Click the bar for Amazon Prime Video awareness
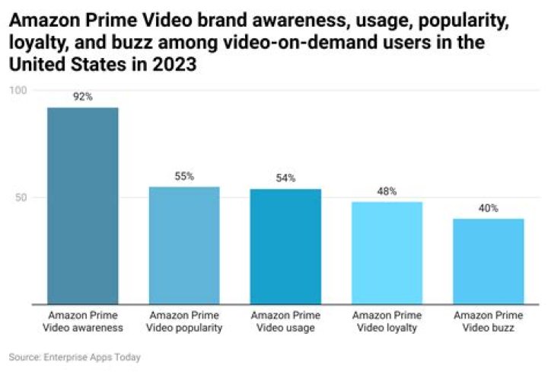[x=82, y=206]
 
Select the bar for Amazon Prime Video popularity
[x=183, y=245]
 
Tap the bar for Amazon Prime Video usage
[x=285, y=247]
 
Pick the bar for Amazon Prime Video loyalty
[x=387, y=253]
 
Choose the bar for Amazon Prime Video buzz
[x=488, y=261]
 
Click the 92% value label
[x=82, y=97]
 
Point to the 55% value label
[x=183, y=176]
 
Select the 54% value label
[x=285, y=178]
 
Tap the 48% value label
[x=387, y=191]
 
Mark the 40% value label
[x=488, y=208]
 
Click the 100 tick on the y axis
[x=18, y=91]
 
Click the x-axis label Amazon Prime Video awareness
[x=82, y=322]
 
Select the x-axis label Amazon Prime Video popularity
[x=183, y=322]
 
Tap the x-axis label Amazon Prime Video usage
[x=285, y=322]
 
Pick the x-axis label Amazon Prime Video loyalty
[x=387, y=322]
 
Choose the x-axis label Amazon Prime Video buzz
[x=488, y=322]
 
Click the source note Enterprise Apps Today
[x=75, y=357]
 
